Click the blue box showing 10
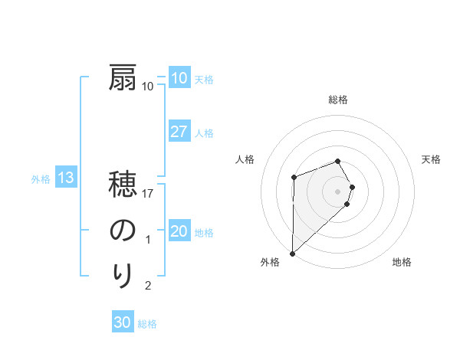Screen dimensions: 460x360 tap(179, 78)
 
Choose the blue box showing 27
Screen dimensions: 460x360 tap(179, 132)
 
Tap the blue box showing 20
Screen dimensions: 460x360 tap(179, 232)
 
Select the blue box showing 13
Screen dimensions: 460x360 tap(66, 179)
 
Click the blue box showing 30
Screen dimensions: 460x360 tap(123, 323)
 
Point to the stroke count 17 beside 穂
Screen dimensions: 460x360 tap(149, 194)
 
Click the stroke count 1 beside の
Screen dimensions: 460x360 tap(149, 240)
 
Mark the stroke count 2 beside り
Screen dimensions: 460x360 tap(149, 286)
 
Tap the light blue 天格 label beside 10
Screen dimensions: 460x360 tap(204, 80)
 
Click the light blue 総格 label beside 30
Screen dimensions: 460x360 tap(147, 325)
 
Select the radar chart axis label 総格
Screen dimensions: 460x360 tap(338, 100)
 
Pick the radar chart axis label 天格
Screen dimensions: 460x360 tap(432, 159)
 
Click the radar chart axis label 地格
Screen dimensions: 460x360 tap(402, 263)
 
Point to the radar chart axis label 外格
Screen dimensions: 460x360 tap(270, 263)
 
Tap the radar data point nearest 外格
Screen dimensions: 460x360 tap(292, 253)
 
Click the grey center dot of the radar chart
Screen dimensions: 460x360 tap(338, 190)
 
